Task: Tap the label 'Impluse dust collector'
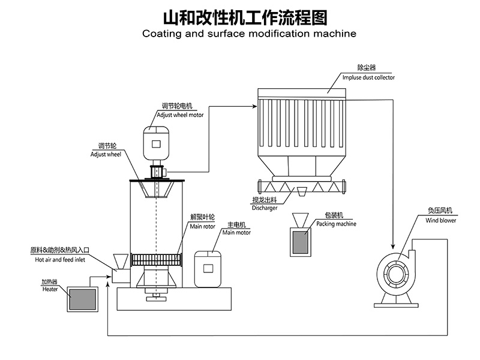point(368,77)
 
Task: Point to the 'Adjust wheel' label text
point(101,154)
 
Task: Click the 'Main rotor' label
point(202,227)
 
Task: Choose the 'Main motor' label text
point(236,233)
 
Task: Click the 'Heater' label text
point(50,289)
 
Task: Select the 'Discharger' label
point(264,208)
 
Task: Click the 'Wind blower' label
point(441,220)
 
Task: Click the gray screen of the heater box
point(82,299)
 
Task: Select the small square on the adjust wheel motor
point(157,143)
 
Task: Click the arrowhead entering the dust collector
point(253,106)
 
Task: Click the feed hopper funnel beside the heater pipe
point(121,262)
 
